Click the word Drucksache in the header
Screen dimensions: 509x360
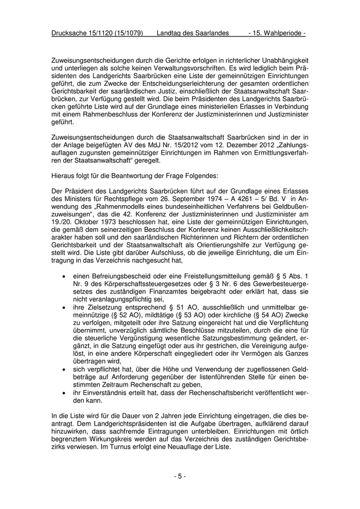[x=71, y=33]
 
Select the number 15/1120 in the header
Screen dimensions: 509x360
[x=106, y=33]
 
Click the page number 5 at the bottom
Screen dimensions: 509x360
[x=180, y=477]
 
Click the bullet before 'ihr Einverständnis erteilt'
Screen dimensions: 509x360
[x=63, y=392]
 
